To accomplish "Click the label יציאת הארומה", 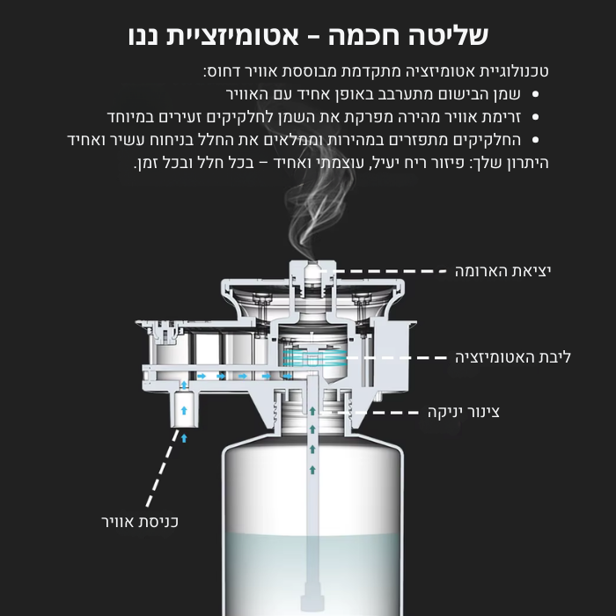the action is coord(502,271).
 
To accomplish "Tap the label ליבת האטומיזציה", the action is coord(513,357).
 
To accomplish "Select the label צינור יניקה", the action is coord(464,413).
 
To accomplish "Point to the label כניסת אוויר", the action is coord(140,522).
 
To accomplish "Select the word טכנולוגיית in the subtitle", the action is coord(511,71).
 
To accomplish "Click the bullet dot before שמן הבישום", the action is coord(535,94).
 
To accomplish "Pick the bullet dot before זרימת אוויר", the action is coord(535,117).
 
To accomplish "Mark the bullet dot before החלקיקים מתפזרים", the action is coord(535,140).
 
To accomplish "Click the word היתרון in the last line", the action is coord(525,163).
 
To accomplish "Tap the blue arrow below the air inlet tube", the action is coord(184,438).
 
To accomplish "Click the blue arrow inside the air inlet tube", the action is coord(184,411).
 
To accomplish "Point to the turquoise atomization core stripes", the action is coord(315,357).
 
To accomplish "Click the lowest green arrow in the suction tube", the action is coord(312,469).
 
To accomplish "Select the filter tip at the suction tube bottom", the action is coord(312,601).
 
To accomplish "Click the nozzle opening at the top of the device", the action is coord(312,268).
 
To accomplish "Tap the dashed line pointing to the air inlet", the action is coord(161,468).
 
